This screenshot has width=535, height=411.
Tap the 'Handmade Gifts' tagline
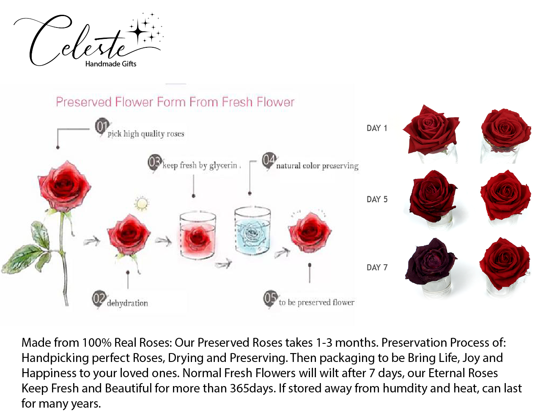click(111, 64)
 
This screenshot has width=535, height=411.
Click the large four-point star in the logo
click(138, 32)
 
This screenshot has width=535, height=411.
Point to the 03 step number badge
click(155, 163)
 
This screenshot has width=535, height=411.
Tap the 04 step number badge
click(269, 161)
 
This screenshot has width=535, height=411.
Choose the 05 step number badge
click(270, 298)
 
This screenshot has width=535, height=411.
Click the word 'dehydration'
click(127, 303)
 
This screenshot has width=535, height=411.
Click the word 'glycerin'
click(223, 166)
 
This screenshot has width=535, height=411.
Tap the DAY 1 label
click(377, 128)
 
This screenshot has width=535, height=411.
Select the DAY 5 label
click(377, 199)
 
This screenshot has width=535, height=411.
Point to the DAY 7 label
click(377, 268)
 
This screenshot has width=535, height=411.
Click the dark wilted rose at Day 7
click(431, 261)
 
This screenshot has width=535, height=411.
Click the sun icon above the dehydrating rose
click(142, 204)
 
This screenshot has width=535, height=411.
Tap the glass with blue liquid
click(252, 232)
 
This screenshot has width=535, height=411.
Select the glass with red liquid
click(197, 236)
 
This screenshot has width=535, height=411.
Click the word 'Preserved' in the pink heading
click(84, 102)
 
